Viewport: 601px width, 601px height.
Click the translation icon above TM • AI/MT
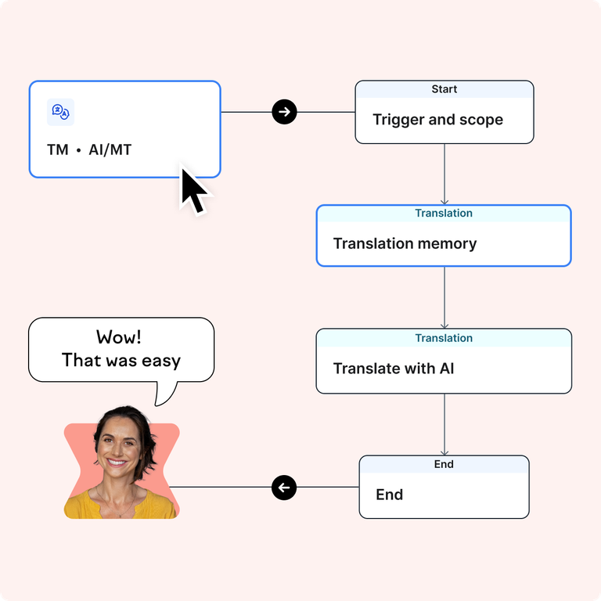pyautogui.click(x=60, y=113)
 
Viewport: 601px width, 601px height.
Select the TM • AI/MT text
pyautogui.click(x=89, y=149)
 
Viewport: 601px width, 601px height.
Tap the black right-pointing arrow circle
pyautogui.click(x=284, y=112)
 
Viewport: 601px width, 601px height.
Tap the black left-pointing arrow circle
pyautogui.click(x=284, y=488)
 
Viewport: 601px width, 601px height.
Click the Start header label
pyautogui.click(x=444, y=89)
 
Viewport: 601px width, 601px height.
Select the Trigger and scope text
pyautogui.click(x=437, y=120)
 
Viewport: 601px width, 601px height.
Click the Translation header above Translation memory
pyautogui.click(x=444, y=213)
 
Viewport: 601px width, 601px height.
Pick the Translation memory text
pyautogui.click(x=405, y=243)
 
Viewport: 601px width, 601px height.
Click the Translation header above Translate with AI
pyautogui.click(x=444, y=338)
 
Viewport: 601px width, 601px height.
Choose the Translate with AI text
pyautogui.click(x=394, y=368)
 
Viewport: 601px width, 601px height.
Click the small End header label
pyautogui.click(x=444, y=464)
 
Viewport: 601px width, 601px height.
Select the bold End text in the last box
pyautogui.click(x=389, y=495)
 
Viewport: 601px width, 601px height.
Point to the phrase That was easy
pyautogui.click(x=121, y=361)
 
